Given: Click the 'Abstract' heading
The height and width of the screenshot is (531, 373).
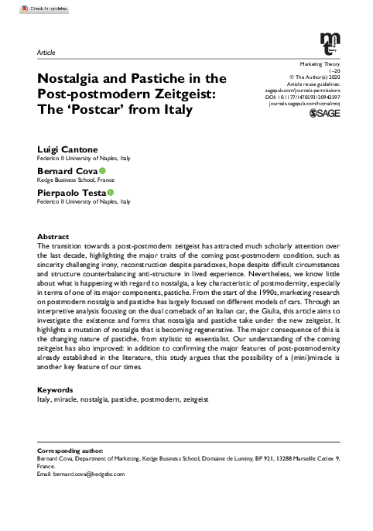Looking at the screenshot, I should coord(53,235).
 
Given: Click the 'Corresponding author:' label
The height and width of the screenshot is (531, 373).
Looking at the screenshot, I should coord(75,450).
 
